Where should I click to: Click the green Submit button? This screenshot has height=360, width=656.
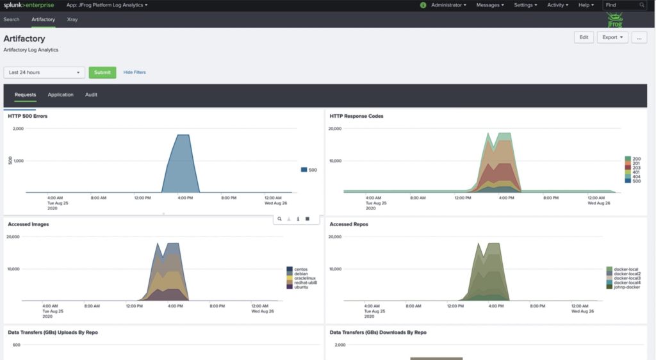coord(102,72)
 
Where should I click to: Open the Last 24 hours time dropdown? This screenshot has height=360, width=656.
coord(44,72)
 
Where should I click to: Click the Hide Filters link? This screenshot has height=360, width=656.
coord(135,72)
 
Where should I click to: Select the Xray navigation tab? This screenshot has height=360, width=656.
coord(72,20)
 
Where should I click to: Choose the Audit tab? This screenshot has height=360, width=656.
coord(91,95)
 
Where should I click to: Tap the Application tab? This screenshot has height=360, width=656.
coord(61,95)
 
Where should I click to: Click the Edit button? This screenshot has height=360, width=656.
coord(584,37)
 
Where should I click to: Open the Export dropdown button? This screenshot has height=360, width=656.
coord(612,37)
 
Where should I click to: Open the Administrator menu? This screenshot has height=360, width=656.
coord(448,5)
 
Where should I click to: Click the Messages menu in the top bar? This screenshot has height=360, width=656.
coord(490,5)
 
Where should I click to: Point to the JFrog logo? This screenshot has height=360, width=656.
coord(615,20)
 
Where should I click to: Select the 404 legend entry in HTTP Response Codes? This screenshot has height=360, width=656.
coord(636,176)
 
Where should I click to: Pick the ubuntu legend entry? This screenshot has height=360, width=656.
coord(301,287)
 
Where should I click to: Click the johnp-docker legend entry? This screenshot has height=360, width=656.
coord(626,287)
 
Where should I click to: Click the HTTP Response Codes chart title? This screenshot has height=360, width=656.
coord(356,116)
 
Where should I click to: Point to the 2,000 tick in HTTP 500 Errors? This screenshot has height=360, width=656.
coord(18,129)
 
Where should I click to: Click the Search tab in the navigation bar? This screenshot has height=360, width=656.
coord(12,20)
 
